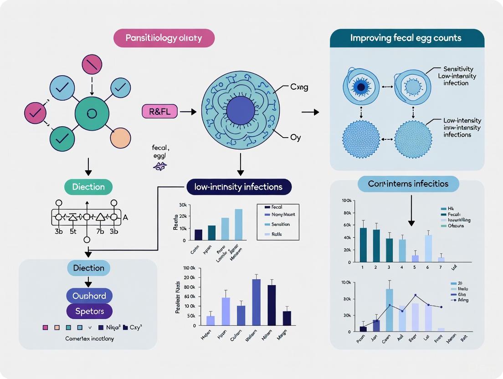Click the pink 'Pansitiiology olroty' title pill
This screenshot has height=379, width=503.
[164, 38]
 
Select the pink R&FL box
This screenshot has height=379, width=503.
[159, 111]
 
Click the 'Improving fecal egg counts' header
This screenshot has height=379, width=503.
[407, 38]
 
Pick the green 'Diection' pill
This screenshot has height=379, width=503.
[88, 187]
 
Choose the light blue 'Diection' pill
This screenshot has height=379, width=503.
[89, 268]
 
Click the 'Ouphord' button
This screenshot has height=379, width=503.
[89, 296]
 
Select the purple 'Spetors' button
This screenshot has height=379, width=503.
[89, 312]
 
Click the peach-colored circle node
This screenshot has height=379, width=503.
[121, 138]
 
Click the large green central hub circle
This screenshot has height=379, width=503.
[92, 113]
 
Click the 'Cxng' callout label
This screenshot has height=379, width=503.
[298, 87]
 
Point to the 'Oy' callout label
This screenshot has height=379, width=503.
[295, 138]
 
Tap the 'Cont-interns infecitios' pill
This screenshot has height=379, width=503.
[408, 184]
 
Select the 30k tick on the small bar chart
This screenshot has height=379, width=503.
[183, 205]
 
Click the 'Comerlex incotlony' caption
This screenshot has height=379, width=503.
[89, 338]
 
